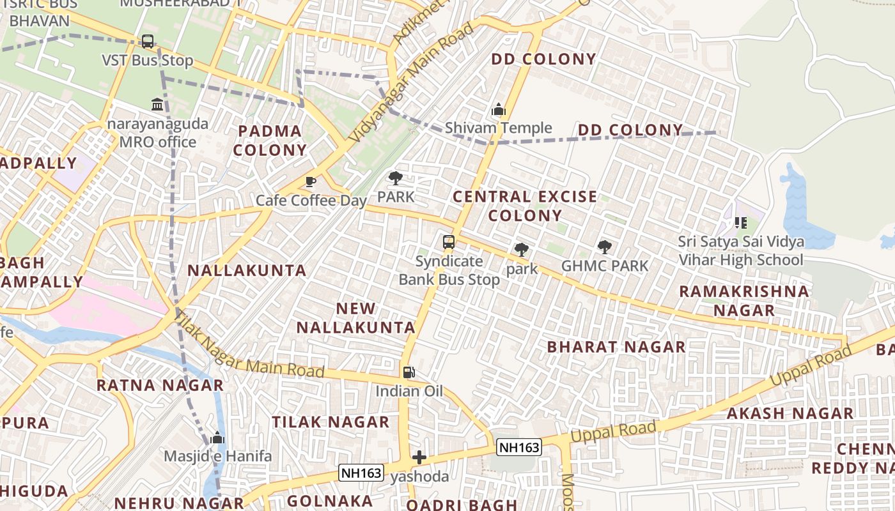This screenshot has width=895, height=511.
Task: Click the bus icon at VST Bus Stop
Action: coord(148,42)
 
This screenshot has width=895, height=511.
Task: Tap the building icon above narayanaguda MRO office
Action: coord(157,103)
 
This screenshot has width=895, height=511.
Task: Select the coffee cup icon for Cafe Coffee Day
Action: coord(311,182)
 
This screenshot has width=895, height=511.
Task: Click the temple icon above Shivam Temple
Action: coord(499,109)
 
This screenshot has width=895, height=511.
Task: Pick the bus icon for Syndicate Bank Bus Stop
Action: coord(449,242)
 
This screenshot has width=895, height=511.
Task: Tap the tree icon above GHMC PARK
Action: coord(604,247)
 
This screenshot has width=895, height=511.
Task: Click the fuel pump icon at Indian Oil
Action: coord(409,372)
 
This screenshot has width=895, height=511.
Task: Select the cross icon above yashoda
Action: coord(419,457)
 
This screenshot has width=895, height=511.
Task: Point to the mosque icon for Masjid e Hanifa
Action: coord(217,438)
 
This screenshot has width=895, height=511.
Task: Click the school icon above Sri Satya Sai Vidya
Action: coord(741,223)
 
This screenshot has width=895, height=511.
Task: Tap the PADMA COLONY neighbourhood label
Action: coord(270,141)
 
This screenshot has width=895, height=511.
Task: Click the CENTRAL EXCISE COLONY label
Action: coord(525,206)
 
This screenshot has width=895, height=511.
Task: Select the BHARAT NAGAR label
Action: coord(616,347)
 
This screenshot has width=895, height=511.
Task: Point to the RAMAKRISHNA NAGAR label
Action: coord(743,301)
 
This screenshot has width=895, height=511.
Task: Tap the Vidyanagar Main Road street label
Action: coord(412,83)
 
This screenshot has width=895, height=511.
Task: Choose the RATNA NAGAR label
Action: coord(160,385)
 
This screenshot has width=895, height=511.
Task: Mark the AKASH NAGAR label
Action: coord(790,413)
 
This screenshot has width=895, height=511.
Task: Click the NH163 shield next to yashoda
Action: coord(361,473)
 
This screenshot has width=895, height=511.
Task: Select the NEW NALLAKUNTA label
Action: coord(356,318)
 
